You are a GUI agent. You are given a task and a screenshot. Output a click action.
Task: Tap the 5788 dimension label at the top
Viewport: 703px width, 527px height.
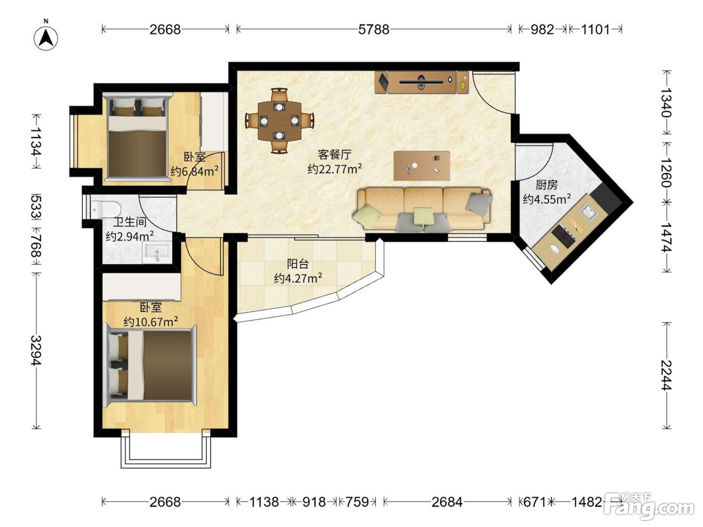click(x=374, y=30)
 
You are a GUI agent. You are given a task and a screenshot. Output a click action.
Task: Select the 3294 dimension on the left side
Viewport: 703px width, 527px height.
click(x=36, y=350)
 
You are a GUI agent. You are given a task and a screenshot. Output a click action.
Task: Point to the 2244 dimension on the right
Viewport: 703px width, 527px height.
click(x=666, y=375)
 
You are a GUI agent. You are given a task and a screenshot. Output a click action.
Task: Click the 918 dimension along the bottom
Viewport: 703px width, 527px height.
click(x=314, y=502)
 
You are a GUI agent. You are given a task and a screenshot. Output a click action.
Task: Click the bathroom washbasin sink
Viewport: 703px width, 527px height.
click(x=157, y=253)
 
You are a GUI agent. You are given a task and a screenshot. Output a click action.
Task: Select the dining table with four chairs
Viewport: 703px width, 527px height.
click(x=280, y=121)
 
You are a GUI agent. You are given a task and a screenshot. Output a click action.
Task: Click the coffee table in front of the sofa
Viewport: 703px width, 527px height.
click(x=422, y=166)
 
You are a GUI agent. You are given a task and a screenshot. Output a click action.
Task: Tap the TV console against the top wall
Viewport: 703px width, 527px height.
click(x=421, y=82)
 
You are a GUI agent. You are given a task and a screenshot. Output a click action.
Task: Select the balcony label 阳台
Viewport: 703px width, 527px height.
click(x=298, y=264)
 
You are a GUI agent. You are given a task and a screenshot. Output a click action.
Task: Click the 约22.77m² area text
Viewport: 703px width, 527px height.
click(x=335, y=169)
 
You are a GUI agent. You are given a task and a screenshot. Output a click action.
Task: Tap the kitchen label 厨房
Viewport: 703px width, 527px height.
click(x=546, y=185)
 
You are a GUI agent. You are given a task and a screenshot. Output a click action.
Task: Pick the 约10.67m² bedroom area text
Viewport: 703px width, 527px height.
click(x=151, y=321)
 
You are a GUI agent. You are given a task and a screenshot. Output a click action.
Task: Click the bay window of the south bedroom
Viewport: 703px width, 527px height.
click(x=166, y=450)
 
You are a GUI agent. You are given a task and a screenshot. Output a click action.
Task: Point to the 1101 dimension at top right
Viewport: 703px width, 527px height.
click(x=596, y=30)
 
